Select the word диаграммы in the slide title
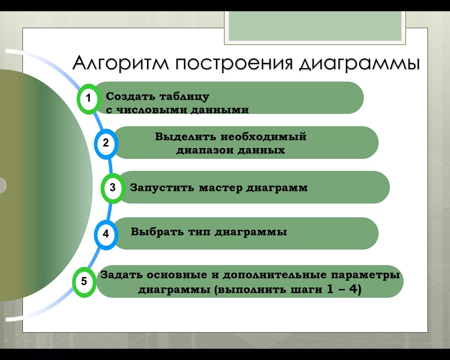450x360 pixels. (x=359, y=64)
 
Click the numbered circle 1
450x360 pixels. (x=88, y=98)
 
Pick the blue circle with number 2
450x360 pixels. (x=106, y=143)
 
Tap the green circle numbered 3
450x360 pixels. (x=112, y=188)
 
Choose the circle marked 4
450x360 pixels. (x=106, y=234)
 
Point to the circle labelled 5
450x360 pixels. (x=84, y=282)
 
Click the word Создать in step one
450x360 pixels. (x=130, y=96)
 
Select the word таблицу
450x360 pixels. (x=184, y=97)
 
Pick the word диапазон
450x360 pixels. (x=205, y=150)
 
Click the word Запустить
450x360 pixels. (x=162, y=188)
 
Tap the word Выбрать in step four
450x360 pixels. (x=157, y=232)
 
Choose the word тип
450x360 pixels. (x=199, y=232)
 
